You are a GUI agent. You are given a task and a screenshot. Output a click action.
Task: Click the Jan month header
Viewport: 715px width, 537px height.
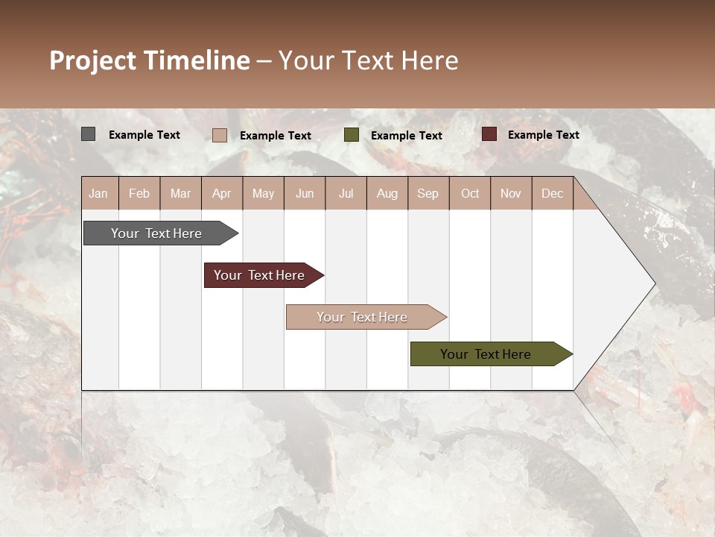(98, 193)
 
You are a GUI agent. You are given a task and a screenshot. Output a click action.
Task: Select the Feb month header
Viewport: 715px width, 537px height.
(139, 193)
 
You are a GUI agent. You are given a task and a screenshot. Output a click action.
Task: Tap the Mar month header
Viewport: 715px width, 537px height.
(180, 193)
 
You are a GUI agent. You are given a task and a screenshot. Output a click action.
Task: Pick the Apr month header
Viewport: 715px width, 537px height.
(222, 193)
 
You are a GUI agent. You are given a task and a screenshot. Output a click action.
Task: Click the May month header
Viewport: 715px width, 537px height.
(263, 193)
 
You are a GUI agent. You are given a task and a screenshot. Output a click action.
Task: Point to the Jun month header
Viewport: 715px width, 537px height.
(305, 193)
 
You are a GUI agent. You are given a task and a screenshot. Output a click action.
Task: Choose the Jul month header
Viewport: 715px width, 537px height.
(346, 193)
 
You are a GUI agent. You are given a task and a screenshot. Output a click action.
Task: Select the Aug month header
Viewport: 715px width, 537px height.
(387, 193)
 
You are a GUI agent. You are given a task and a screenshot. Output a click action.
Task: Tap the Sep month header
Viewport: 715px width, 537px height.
(428, 193)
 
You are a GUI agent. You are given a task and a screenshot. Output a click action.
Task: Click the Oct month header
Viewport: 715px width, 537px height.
(470, 193)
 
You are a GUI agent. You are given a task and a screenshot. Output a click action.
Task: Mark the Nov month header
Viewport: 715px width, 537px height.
(511, 193)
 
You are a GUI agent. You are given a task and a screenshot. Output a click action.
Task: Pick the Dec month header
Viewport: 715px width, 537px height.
(553, 193)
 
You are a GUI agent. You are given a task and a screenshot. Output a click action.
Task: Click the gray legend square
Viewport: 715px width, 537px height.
(88, 134)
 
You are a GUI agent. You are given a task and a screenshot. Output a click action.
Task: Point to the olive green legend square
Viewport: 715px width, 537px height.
(352, 135)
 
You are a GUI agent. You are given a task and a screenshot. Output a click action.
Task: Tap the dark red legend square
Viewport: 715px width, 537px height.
(489, 134)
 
